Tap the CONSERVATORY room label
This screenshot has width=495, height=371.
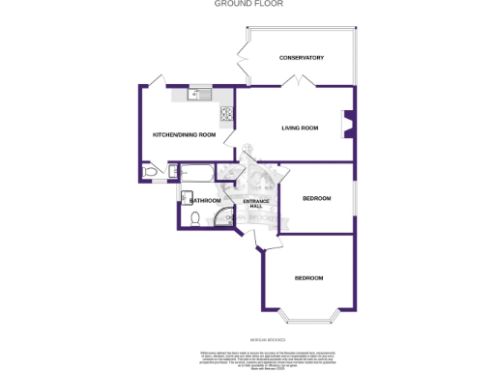click(301, 58)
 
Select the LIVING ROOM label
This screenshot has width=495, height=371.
click(300, 128)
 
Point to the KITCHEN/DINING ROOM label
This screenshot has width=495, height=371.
click(184, 134)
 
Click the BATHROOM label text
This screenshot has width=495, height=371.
click(206, 200)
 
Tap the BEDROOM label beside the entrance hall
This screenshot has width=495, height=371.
click(316, 198)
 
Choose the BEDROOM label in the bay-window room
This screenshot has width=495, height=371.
click(307, 278)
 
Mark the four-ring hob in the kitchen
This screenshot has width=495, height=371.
click(227, 116)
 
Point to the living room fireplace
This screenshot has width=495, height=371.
click(348, 126)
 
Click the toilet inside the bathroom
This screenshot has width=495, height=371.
click(194, 219)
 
